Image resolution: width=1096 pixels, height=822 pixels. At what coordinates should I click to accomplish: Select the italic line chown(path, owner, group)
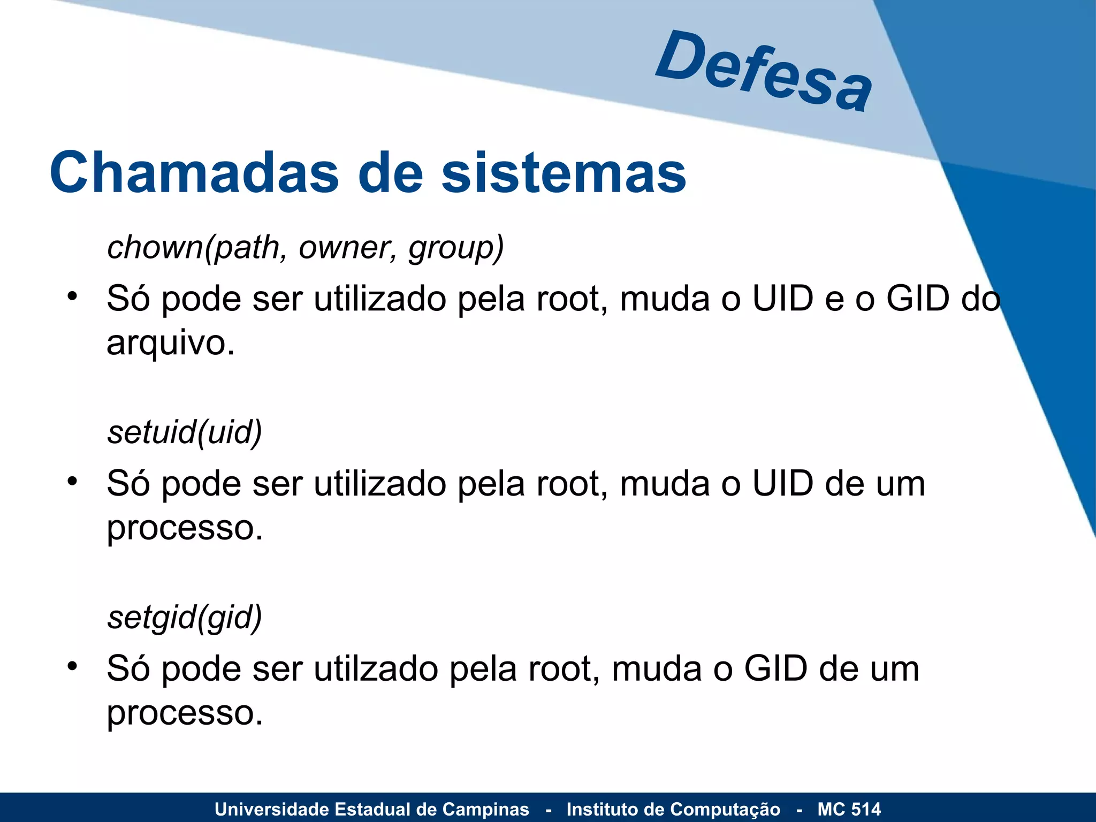[x=306, y=248]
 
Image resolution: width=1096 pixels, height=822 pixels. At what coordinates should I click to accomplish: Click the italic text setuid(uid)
[x=185, y=432]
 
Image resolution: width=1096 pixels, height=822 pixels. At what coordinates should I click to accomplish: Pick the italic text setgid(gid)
[x=185, y=617]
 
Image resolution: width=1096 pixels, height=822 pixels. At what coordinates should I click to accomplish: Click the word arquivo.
[x=170, y=343]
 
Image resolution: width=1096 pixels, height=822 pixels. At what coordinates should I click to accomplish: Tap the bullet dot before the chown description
[x=72, y=296]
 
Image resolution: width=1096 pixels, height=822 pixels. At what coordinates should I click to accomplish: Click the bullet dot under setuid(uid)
[x=72, y=481]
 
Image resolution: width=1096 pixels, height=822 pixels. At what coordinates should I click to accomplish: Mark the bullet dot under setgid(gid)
[x=72, y=666]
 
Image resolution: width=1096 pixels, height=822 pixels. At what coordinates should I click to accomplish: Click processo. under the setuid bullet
[x=185, y=529]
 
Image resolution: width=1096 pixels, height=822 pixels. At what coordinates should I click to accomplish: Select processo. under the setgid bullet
[x=185, y=713]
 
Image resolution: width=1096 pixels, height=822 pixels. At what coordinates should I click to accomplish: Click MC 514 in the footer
[x=849, y=809]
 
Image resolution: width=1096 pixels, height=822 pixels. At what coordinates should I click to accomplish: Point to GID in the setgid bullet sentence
[x=775, y=669]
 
